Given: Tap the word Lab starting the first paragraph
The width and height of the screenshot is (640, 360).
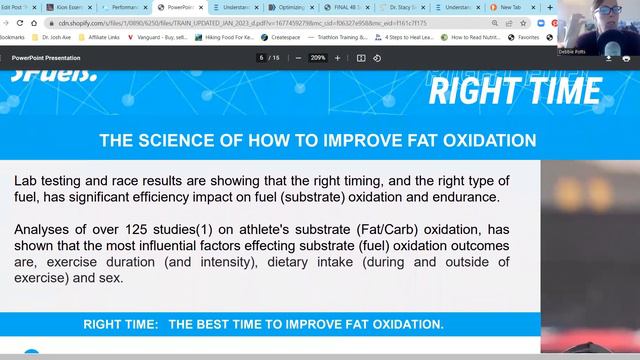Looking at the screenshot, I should coord(27,181).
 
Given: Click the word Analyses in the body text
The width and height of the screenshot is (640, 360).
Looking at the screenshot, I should coord(45,229).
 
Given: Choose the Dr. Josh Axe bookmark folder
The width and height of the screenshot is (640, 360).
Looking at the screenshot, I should coord(60,37).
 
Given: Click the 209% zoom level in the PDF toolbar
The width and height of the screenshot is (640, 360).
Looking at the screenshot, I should coord(318,58).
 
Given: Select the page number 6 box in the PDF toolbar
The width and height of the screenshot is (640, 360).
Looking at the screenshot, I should coord(262,58).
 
